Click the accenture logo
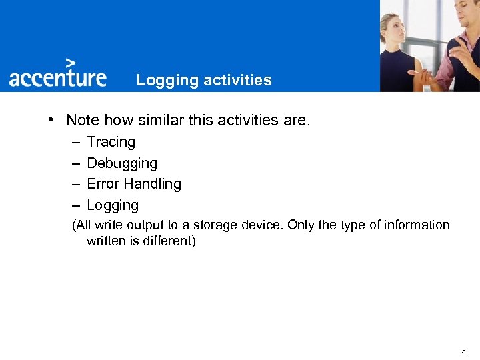(x=57, y=77)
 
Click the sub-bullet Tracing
(x=111, y=142)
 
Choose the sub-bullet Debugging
(x=122, y=163)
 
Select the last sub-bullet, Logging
(x=113, y=205)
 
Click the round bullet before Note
(x=51, y=121)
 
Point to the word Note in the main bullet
(x=82, y=121)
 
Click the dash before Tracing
(x=75, y=142)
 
